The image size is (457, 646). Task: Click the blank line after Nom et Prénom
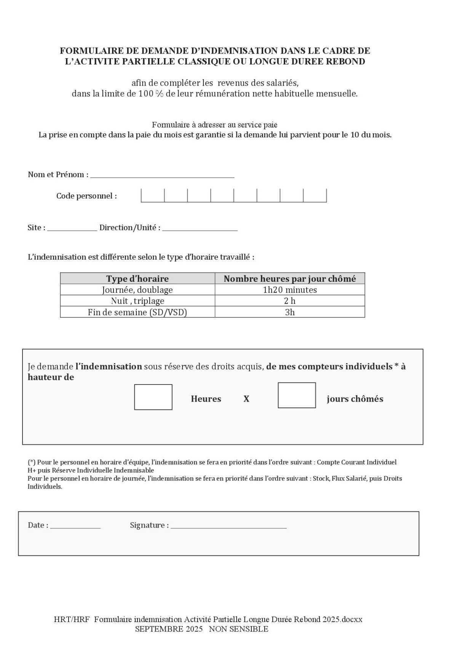tap(162, 175)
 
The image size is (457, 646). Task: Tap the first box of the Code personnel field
tap(153, 195)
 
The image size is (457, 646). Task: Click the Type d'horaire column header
tap(137, 279)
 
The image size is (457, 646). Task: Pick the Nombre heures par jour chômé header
tap(290, 279)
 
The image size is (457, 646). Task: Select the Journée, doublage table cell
tap(137, 290)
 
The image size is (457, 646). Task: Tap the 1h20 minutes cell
tap(290, 290)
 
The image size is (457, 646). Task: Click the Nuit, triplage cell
tap(137, 301)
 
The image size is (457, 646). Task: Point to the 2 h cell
tap(290, 301)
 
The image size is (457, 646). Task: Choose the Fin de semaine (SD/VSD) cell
tap(137, 312)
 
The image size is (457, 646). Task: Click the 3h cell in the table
tap(290, 312)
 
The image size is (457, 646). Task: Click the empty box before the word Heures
tap(153, 397)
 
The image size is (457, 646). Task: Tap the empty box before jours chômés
tap(297, 395)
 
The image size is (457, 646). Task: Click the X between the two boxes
tap(246, 399)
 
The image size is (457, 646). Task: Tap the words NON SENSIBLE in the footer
tap(238, 629)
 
